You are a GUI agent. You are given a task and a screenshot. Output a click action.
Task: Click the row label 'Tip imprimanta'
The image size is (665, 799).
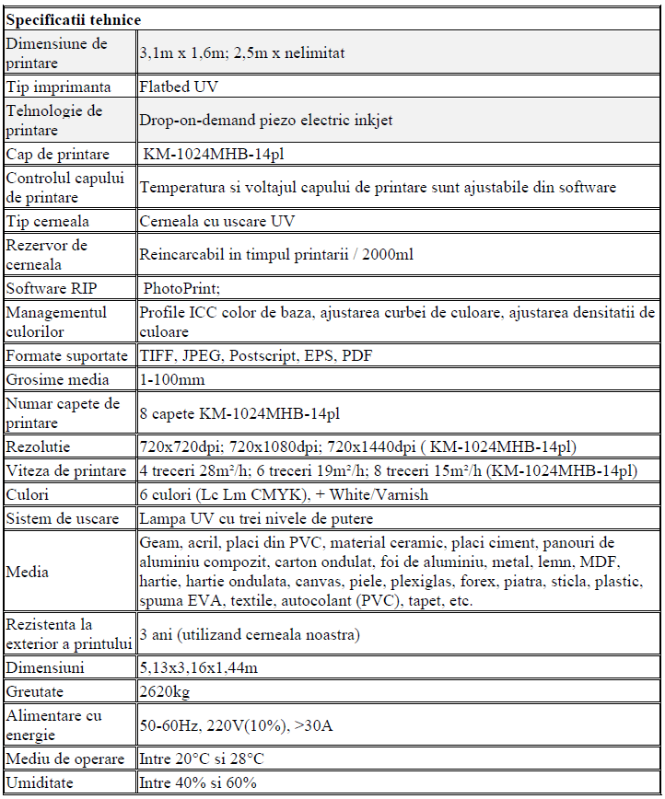[x=58, y=87]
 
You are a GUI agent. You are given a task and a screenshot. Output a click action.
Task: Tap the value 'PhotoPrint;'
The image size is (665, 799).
[x=181, y=288]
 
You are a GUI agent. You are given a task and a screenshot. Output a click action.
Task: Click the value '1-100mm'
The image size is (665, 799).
[x=172, y=379]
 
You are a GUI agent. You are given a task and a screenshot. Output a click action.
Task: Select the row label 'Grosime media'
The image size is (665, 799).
[x=57, y=379]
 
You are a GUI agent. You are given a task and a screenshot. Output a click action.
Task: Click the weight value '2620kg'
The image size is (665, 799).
[x=165, y=691]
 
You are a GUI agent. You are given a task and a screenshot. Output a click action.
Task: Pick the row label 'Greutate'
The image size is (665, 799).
[x=37, y=691]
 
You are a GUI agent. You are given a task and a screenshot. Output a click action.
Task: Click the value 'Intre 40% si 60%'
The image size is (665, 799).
[x=197, y=783]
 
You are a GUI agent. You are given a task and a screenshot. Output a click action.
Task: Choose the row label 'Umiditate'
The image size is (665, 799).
[x=40, y=783]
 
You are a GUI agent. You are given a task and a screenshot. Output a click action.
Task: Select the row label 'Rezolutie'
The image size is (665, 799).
[x=38, y=447]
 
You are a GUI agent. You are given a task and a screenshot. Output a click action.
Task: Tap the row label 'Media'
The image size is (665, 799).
[x=27, y=573]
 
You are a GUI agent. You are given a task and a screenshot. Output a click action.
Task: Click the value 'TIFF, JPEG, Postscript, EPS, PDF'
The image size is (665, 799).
[x=255, y=355]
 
